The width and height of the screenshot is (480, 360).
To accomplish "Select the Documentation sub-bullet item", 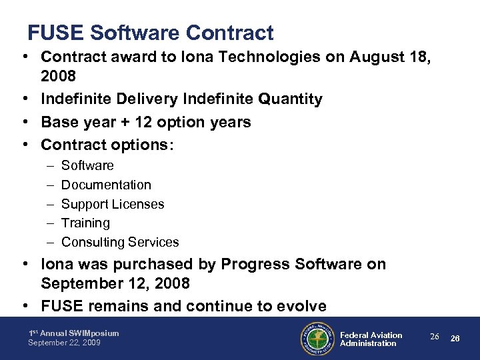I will tap(106, 185).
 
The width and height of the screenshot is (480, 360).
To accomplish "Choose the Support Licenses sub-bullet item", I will tap(113, 204).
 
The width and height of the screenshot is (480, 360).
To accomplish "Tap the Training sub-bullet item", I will tap(85, 223).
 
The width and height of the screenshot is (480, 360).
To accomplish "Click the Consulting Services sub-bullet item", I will tap(120, 242).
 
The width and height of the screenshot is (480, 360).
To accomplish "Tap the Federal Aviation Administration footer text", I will tap(371, 339).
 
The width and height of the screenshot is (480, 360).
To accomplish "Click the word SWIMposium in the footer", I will tap(91, 333).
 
